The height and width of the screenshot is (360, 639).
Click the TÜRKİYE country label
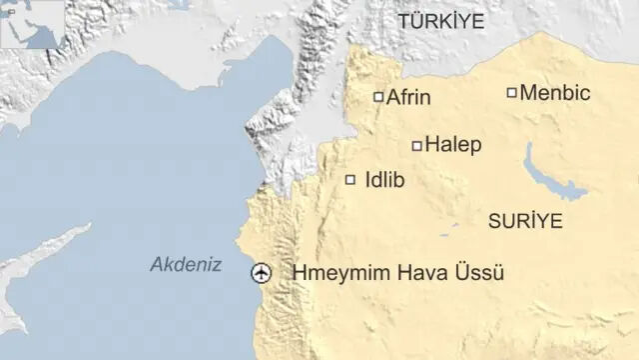coord(440,21)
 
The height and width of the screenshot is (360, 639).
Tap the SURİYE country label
coord(525,220)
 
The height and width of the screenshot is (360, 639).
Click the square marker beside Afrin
coord(378,97)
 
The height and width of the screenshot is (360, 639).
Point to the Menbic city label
coord(555,93)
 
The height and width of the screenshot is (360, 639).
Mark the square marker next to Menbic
coord(512,93)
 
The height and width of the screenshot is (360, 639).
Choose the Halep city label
coord(453,145)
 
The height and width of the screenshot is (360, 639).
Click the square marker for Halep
coord(417,146)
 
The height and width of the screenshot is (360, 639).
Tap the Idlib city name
coord(385,181)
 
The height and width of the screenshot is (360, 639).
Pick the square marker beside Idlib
coord(350,180)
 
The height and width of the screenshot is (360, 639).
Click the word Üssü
coord(478,273)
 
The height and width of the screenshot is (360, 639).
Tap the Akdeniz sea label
coord(186,264)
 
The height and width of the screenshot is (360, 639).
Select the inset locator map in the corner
coord(30,25)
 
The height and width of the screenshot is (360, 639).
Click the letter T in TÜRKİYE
coord(403,21)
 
